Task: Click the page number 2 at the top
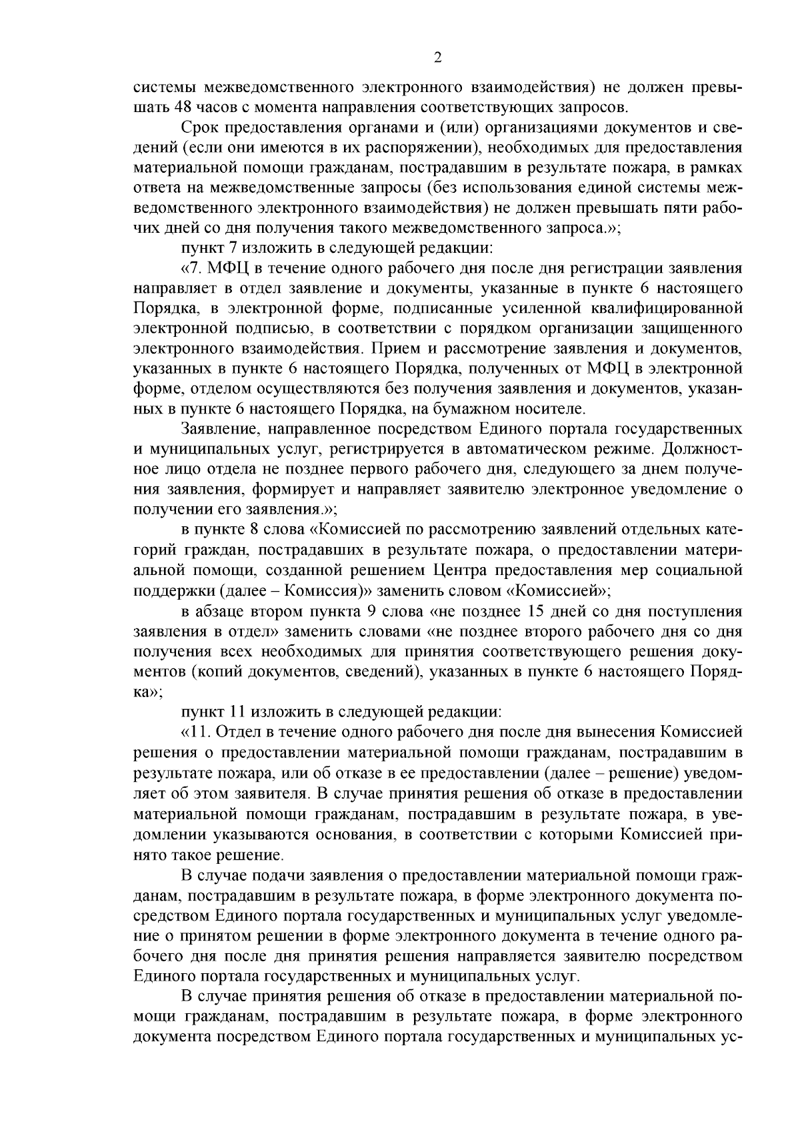point(437,57)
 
